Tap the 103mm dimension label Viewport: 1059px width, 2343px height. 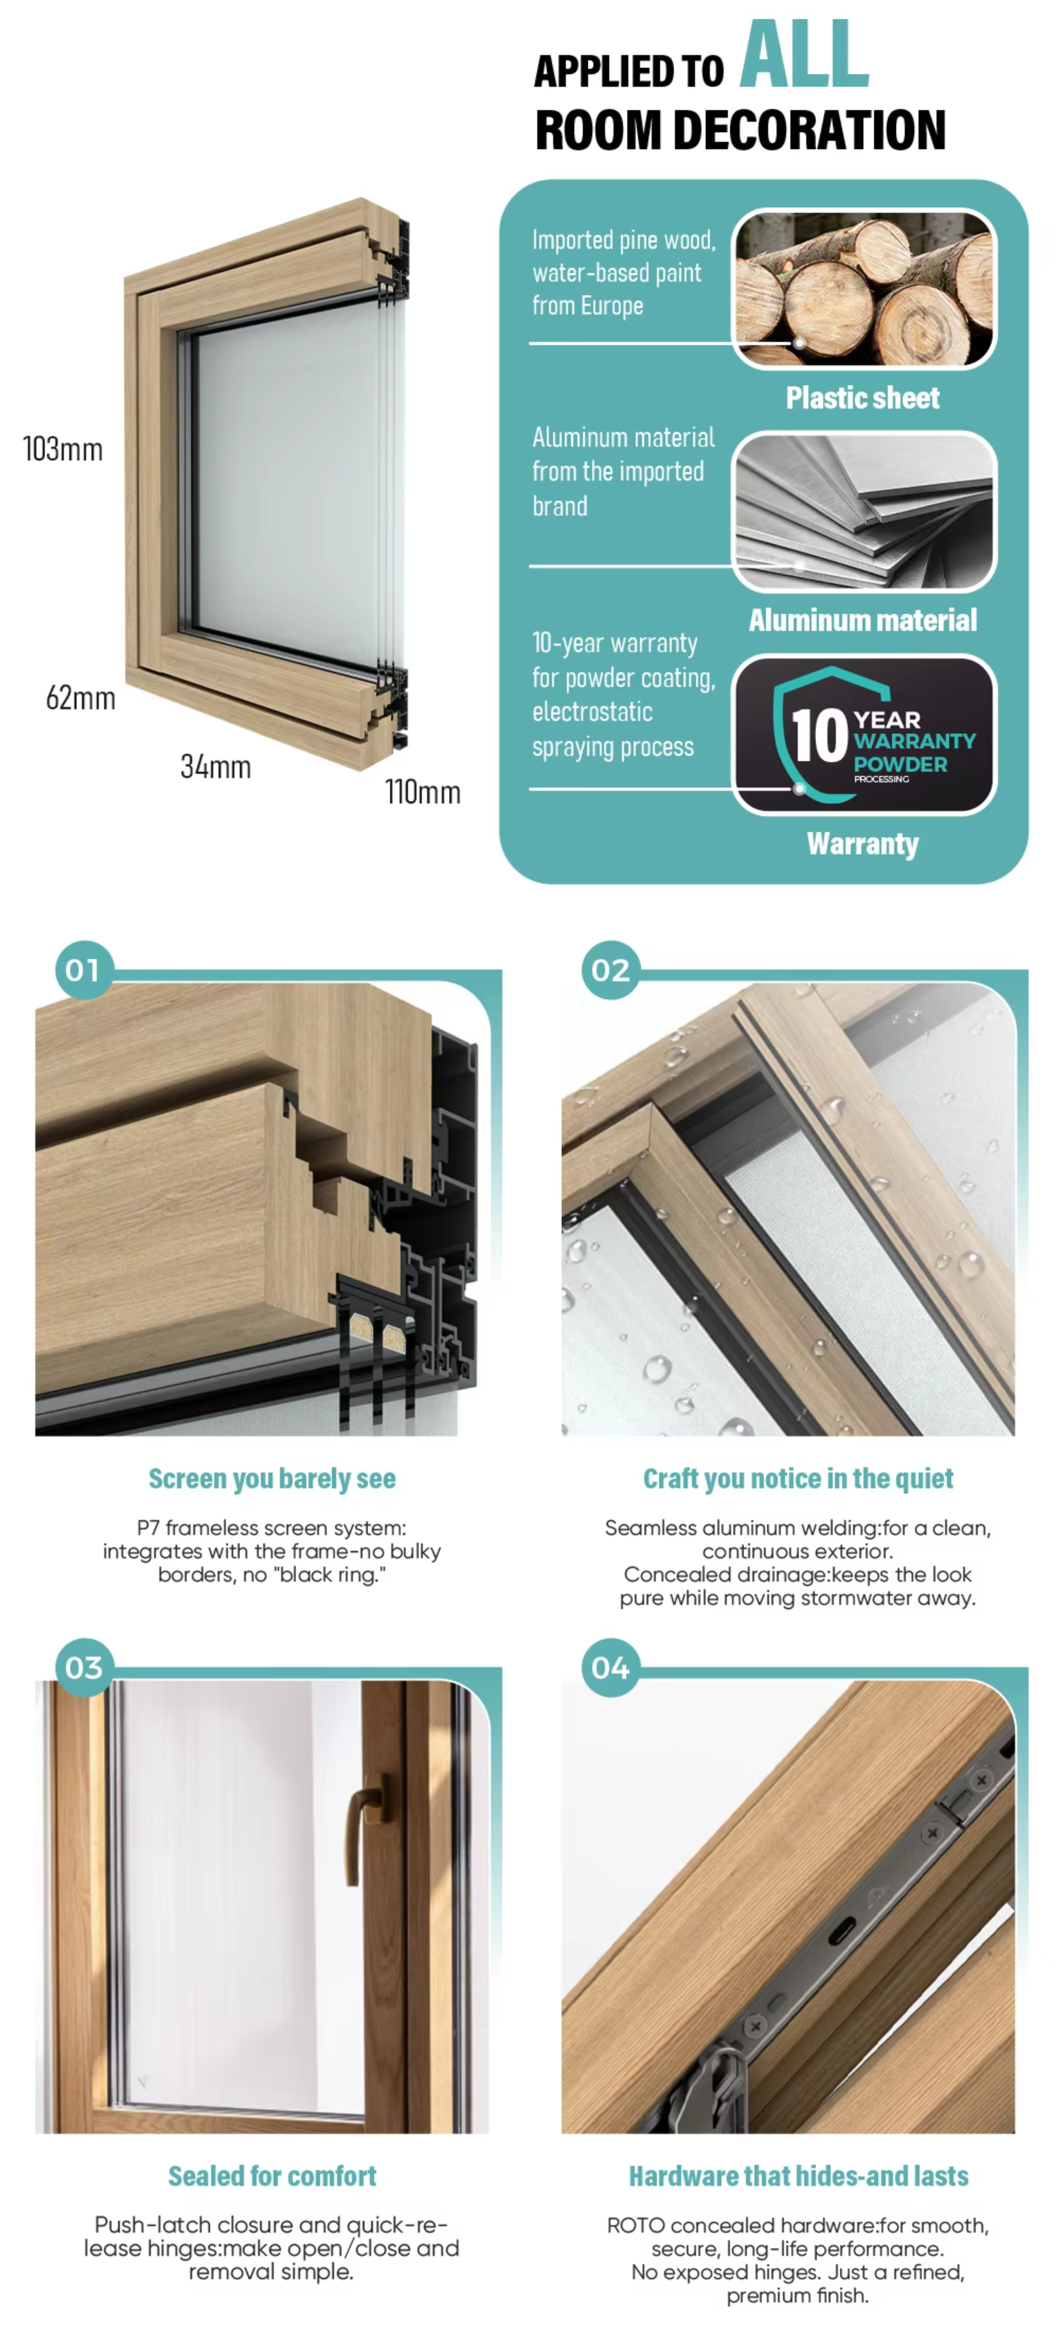(63, 450)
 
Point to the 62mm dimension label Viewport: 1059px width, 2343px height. (81, 699)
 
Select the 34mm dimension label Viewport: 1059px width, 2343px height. (215, 766)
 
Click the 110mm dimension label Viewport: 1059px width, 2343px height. (423, 793)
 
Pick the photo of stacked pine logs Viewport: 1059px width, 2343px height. (864, 289)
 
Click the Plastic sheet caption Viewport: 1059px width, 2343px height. (863, 397)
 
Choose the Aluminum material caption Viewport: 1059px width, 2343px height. (863, 620)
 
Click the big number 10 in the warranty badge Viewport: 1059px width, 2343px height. (819, 735)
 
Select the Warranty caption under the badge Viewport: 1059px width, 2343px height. (863, 844)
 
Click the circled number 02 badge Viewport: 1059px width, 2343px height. (611, 970)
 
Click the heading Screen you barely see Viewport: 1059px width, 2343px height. (272, 1479)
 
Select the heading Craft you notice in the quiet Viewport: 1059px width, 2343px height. (798, 1479)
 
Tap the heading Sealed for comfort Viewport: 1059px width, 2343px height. (272, 2176)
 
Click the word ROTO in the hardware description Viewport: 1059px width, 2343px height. (636, 2226)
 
